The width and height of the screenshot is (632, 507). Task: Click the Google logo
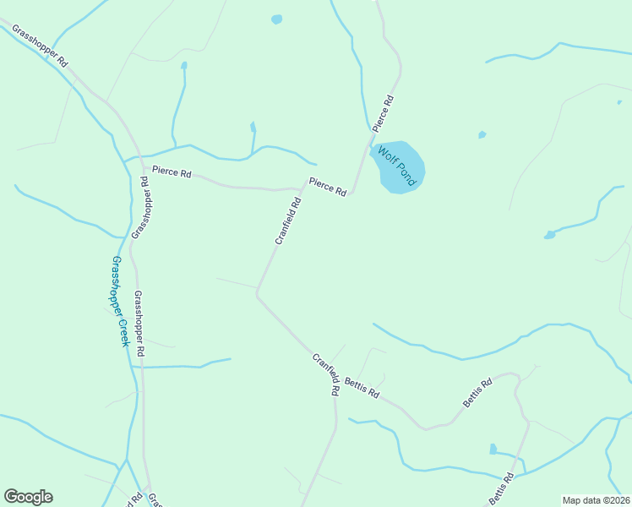28,497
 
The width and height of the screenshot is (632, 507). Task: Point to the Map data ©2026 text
595,500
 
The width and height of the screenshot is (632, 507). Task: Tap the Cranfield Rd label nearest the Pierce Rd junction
288,221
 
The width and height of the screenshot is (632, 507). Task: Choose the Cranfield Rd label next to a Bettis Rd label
325,374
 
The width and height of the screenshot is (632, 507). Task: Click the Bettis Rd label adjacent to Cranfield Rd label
362,390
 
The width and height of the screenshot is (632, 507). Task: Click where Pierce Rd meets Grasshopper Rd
140,166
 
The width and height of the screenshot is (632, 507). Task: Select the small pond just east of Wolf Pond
482,134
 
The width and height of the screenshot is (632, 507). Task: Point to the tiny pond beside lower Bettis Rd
493,449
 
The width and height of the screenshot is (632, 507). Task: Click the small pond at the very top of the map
276,19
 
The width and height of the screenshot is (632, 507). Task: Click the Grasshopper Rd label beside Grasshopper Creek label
140,323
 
